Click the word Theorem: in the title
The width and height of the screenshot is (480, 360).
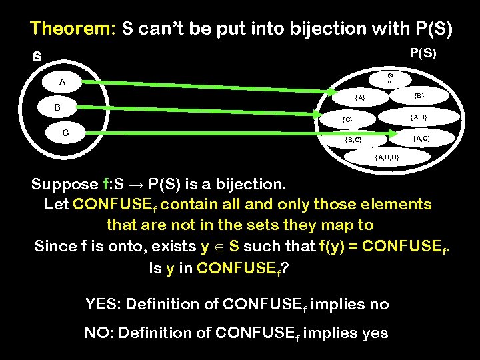click(73, 29)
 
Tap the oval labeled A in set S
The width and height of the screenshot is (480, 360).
click(62, 83)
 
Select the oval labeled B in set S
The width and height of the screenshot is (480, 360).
click(57, 107)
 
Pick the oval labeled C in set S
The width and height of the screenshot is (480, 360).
click(65, 132)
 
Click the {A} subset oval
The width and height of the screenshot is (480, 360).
click(360, 98)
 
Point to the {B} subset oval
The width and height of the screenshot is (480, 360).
click(419, 96)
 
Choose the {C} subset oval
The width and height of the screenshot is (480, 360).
click(347, 120)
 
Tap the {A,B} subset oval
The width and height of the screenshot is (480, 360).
click(419, 117)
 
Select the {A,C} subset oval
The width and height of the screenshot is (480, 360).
click(421, 139)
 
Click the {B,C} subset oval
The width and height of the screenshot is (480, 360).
click(353, 140)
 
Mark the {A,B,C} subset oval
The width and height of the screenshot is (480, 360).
click(387, 157)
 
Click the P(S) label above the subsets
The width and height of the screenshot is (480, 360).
click(423, 53)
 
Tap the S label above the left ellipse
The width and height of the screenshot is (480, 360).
click(37, 57)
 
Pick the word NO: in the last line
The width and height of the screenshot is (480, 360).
click(100, 333)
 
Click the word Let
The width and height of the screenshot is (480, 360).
click(57, 204)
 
